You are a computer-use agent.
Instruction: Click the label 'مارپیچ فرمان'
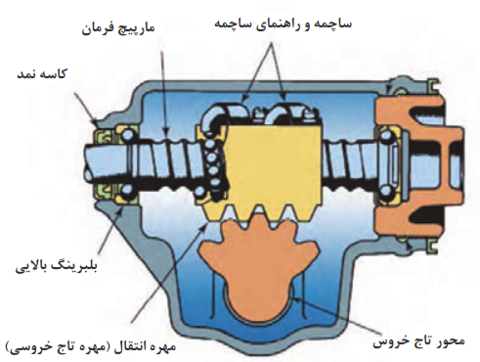click(117, 29)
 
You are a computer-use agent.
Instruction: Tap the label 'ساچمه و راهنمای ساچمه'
click(283, 24)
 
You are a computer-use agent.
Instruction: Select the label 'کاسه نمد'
click(41, 74)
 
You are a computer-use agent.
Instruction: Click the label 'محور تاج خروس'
click(419, 341)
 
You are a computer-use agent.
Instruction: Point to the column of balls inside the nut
click(213, 168)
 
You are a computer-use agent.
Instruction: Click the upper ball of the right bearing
click(385, 135)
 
